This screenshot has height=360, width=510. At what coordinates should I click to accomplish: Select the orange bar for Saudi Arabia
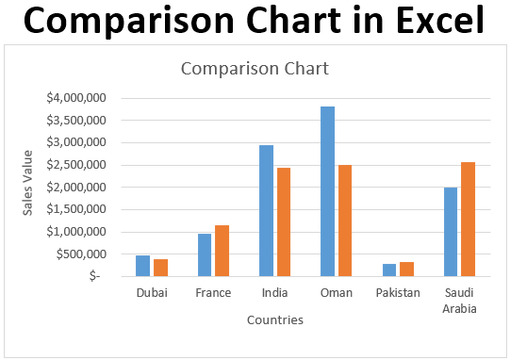(x=469, y=219)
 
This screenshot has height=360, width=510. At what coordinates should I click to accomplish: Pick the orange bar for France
(x=222, y=251)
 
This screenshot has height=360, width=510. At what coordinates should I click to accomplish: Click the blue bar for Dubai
(x=142, y=266)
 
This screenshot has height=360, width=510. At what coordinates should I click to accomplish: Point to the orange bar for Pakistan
(x=406, y=269)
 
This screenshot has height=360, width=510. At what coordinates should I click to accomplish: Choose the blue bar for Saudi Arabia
(x=451, y=232)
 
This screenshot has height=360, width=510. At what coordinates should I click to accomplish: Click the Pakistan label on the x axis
(x=398, y=293)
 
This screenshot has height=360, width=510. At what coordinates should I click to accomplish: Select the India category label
(x=274, y=293)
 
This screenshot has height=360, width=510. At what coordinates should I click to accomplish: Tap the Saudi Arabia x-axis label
(x=459, y=301)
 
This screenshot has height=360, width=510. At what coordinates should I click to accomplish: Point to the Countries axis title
(x=274, y=320)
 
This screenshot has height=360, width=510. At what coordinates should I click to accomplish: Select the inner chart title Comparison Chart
(x=255, y=69)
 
